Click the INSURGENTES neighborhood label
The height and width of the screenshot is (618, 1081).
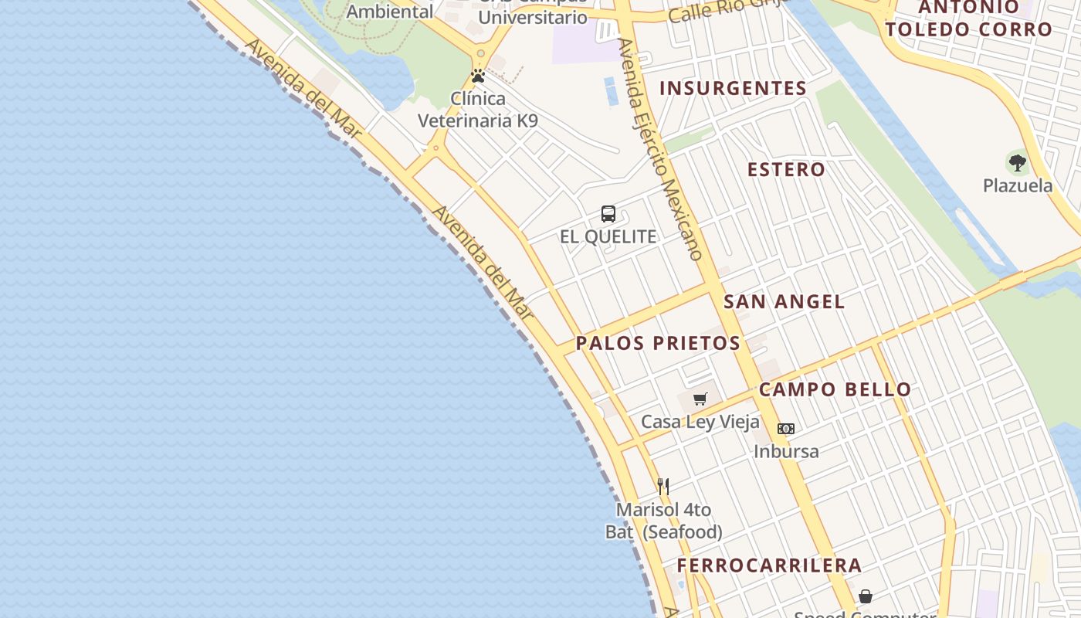(x=733, y=88)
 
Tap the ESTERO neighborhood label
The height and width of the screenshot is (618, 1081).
(x=786, y=169)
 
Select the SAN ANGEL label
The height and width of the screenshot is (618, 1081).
(x=784, y=301)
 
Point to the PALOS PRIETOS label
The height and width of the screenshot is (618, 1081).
(x=658, y=343)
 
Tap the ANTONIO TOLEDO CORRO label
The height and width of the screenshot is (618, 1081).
(x=968, y=19)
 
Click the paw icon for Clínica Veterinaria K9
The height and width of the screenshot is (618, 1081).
(x=478, y=76)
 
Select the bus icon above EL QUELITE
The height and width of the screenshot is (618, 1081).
(x=608, y=214)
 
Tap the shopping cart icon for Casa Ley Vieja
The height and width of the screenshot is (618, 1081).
(x=700, y=399)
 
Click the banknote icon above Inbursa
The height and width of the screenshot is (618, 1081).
(x=786, y=428)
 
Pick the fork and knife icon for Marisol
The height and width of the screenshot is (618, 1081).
(x=663, y=486)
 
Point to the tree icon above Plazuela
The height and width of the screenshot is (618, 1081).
(x=1018, y=162)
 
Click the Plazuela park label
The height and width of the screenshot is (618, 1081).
(x=1018, y=185)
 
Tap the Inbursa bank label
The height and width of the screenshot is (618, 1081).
(x=786, y=451)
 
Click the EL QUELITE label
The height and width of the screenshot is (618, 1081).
(x=608, y=236)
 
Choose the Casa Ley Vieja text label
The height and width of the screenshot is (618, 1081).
(x=700, y=423)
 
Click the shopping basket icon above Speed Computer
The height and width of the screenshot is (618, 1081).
(x=866, y=596)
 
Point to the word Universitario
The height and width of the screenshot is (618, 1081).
(x=533, y=17)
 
